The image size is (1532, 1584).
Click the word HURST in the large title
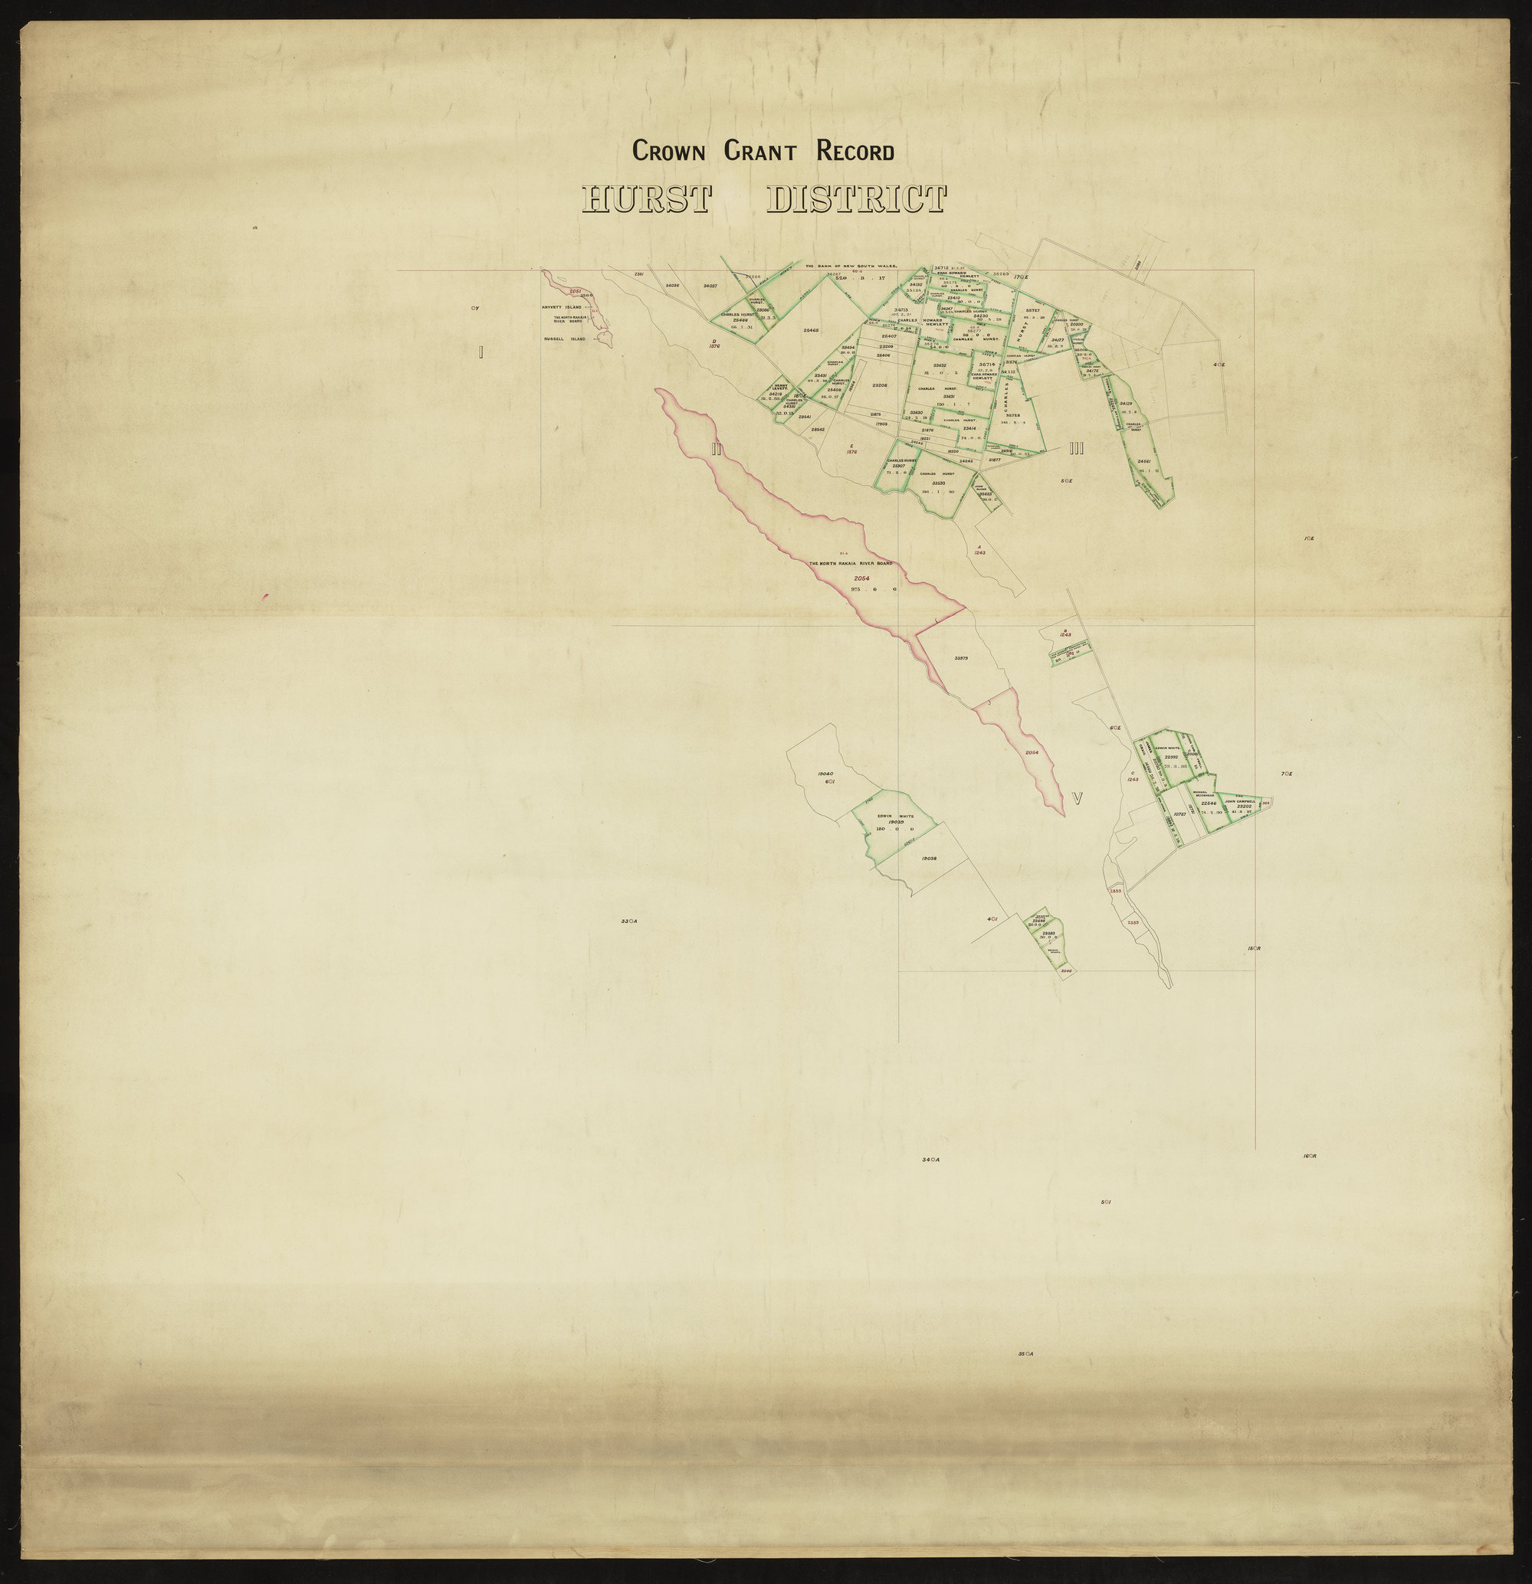[646, 200]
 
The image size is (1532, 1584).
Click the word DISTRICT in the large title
[855, 200]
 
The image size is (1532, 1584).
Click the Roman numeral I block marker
[481, 352]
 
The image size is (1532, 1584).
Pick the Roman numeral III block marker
[1075, 450]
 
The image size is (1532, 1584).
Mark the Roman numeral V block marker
[1077, 798]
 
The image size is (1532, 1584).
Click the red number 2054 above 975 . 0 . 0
[864, 578]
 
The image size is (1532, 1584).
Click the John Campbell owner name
[1239, 802]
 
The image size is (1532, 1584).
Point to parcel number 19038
[928, 859]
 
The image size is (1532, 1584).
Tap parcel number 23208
[881, 385]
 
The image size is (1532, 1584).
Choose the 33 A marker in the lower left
[629, 921]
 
